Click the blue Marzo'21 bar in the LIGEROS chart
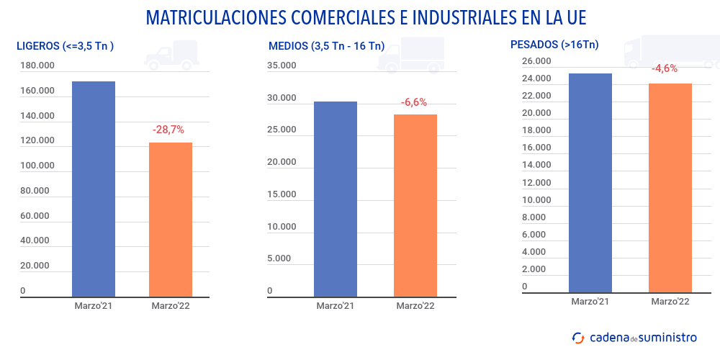94,189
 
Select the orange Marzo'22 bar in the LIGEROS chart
171,220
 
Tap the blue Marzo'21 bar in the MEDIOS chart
336,199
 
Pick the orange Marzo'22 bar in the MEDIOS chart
415,205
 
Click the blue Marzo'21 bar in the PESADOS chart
590,184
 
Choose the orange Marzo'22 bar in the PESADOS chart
670,189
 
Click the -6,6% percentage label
414,102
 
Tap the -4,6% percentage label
665,68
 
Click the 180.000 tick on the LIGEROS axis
37,66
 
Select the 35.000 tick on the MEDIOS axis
282,66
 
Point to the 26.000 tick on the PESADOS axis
536,61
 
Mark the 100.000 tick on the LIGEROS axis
37,166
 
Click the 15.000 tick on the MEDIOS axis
282,194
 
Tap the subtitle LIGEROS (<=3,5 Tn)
66,46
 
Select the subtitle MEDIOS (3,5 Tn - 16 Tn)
326,46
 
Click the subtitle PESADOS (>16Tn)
554,45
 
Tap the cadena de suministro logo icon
577,337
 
